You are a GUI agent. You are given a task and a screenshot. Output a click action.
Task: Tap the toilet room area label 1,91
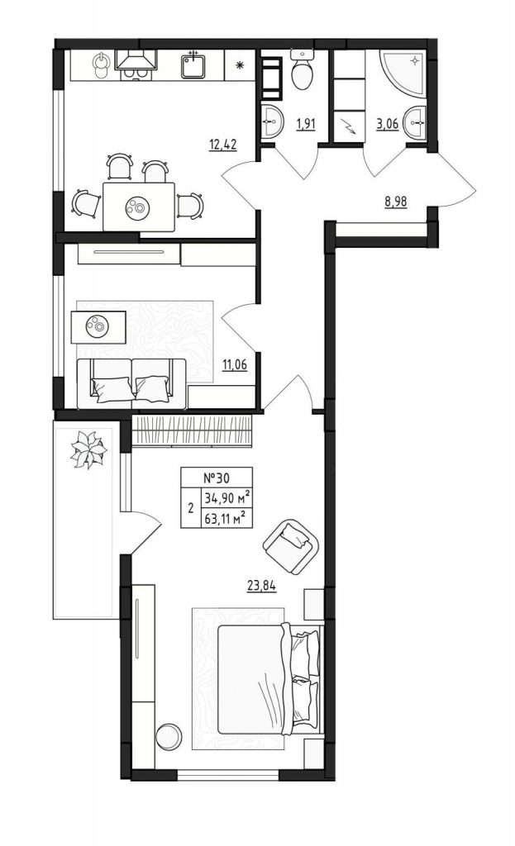coord(305,124)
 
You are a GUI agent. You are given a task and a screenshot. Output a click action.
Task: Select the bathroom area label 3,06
coord(387,125)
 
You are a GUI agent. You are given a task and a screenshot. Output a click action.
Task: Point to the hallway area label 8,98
coord(394,202)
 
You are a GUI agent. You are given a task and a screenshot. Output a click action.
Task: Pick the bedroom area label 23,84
coord(262,586)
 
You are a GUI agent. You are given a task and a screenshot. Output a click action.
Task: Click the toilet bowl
coord(302,70)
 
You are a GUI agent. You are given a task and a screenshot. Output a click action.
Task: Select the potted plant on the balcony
coord(88,449)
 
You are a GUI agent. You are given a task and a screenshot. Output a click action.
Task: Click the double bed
coord(269,679)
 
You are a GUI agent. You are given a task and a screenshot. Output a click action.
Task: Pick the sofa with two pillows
coord(131,383)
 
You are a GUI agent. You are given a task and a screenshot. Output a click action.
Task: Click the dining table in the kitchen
coord(139,207)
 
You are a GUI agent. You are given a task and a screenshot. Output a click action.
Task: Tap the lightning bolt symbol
coord(349,128)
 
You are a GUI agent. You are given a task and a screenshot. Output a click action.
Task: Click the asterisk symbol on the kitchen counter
coord(240,65)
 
